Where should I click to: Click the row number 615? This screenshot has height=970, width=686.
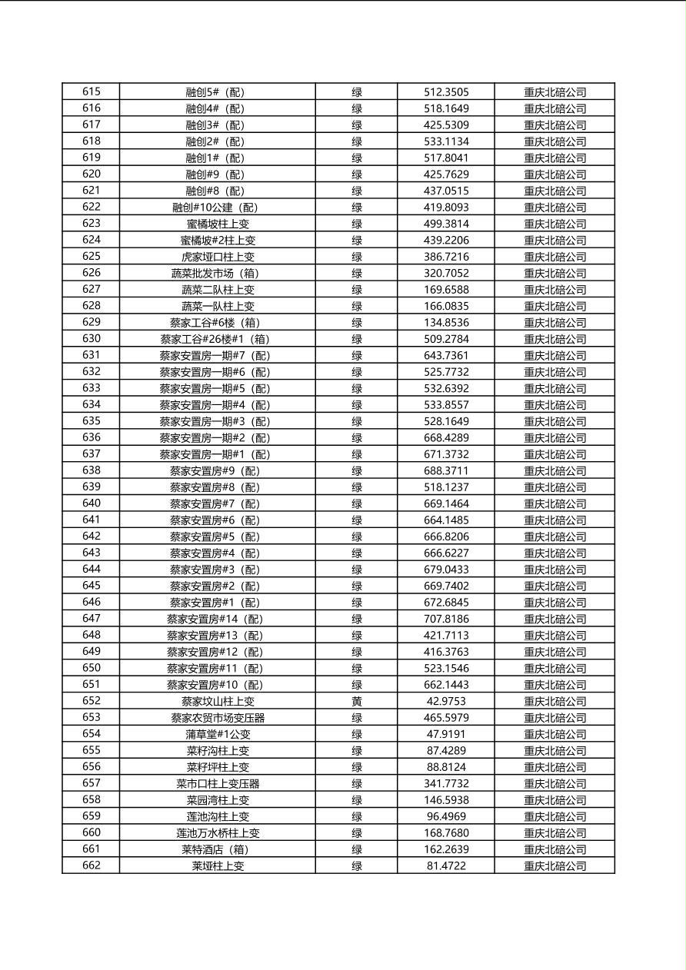(91, 92)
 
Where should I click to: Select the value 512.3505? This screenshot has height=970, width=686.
(446, 92)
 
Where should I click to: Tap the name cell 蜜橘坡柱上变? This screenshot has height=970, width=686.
(218, 224)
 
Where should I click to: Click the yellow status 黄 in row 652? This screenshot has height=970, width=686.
(356, 701)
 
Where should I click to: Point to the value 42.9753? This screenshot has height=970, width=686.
(446, 701)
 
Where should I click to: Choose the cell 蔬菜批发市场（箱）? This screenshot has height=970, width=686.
(218, 273)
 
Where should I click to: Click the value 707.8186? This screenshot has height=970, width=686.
(446, 619)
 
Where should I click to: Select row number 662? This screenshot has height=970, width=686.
(91, 865)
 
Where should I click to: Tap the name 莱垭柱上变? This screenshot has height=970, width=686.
(218, 865)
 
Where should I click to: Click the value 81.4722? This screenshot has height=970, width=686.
(446, 865)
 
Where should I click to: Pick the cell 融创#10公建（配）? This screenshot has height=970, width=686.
(218, 208)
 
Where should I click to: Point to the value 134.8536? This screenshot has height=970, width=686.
(446, 322)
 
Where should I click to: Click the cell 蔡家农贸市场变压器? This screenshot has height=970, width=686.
(218, 718)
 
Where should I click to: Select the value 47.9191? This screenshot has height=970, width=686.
(446, 734)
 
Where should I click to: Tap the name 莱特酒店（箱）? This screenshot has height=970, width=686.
(218, 849)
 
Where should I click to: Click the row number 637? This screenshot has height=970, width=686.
(91, 454)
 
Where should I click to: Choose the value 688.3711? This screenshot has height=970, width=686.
(446, 470)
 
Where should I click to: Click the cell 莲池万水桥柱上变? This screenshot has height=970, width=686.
(218, 832)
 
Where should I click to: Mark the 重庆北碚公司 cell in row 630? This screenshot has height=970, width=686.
(554, 339)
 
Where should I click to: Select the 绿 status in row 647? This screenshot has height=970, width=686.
(356, 619)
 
